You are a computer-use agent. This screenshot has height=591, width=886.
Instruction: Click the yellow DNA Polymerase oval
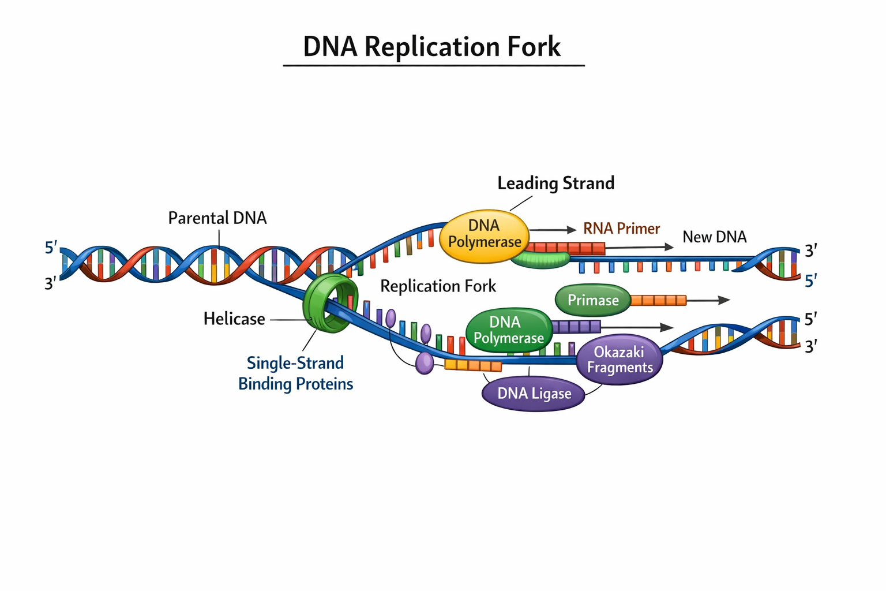(x=484, y=236)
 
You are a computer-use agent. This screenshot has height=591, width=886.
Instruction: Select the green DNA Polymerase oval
(x=508, y=330)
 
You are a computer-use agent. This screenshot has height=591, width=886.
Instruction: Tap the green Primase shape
(x=592, y=300)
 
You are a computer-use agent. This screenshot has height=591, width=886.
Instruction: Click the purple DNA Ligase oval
(x=534, y=394)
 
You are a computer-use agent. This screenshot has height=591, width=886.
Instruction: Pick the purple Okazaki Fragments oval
(x=620, y=360)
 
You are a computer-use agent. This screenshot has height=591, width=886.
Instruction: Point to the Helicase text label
(x=234, y=319)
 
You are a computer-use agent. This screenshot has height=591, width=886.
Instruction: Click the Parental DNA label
(x=217, y=218)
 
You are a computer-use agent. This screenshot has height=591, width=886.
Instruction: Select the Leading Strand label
(x=555, y=184)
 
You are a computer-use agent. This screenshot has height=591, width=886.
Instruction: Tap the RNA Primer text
(x=621, y=229)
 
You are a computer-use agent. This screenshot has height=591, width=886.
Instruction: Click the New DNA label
(x=714, y=237)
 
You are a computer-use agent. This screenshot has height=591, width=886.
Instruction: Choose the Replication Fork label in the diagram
(x=438, y=286)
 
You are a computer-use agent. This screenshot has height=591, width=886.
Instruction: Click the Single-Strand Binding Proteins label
(x=295, y=373)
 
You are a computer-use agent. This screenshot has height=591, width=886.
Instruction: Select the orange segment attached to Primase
(x=658, y=300)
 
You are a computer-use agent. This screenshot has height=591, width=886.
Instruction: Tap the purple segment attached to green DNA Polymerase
(x=576, y=327)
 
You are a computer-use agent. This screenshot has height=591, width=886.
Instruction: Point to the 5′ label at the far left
(x=51, y=248)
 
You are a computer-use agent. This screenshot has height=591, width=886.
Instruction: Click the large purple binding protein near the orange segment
(x=425, y=363)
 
